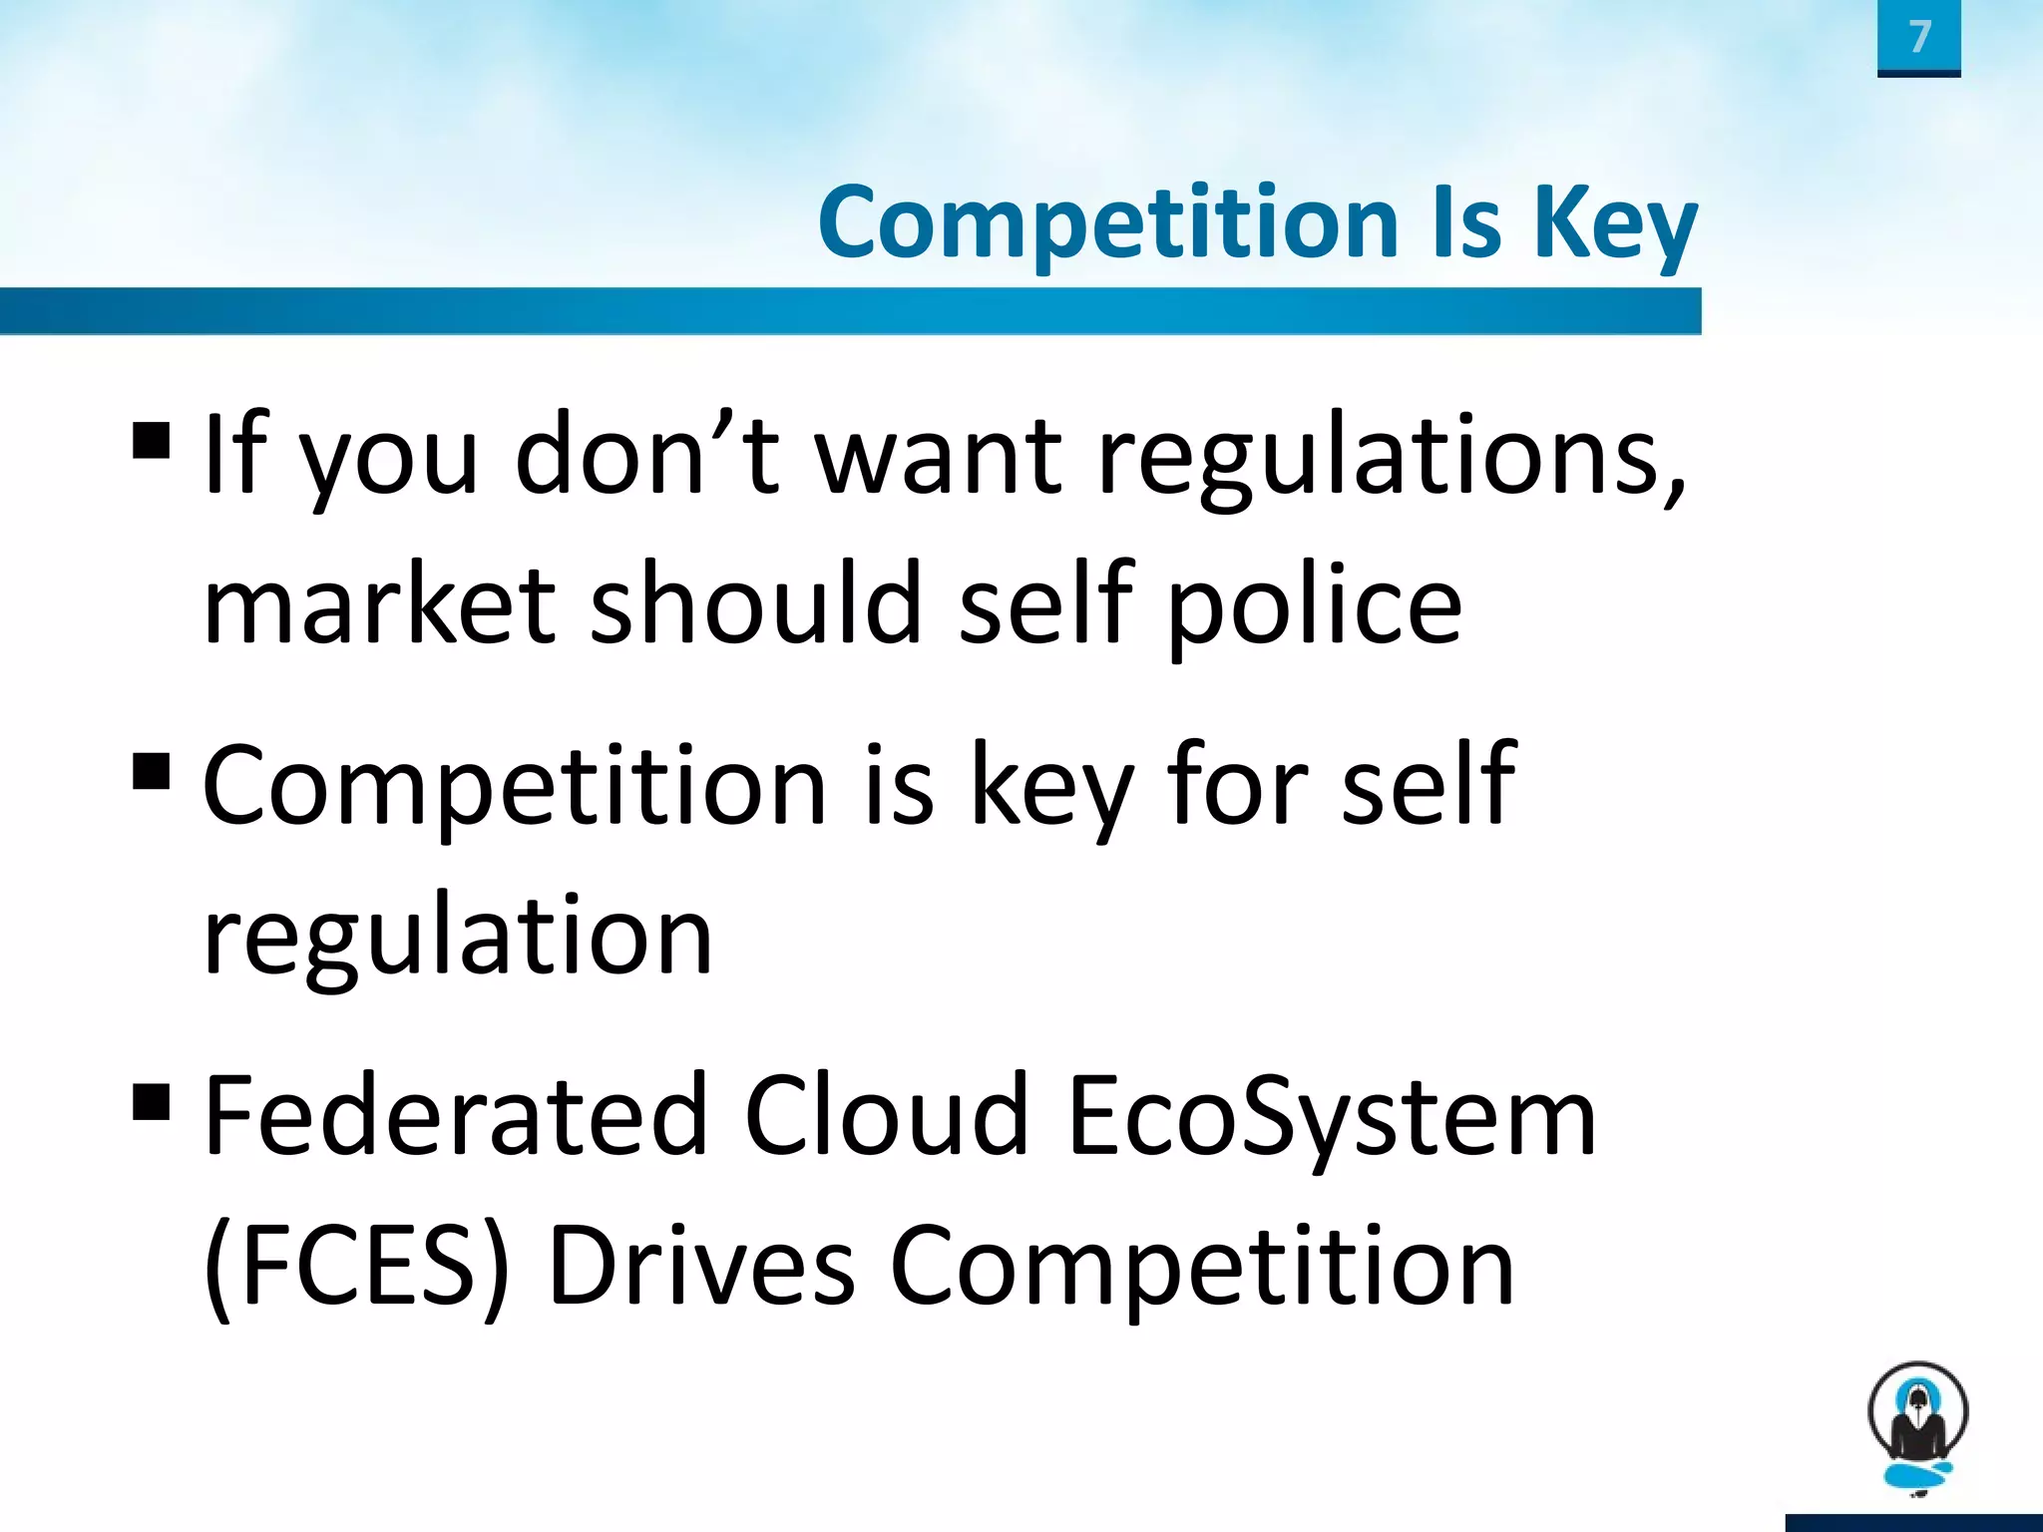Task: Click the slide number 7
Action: point(1919,37)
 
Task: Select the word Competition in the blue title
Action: point(1108,224)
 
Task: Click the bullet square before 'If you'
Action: point(151,440)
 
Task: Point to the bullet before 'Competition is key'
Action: point(151,771)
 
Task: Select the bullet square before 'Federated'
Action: point(151,1102)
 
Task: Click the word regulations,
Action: point(1391,457)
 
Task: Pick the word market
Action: point(379,604)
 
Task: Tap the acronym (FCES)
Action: point(356,1267)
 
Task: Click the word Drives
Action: point(701,1267)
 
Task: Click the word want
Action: point(939,457)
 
